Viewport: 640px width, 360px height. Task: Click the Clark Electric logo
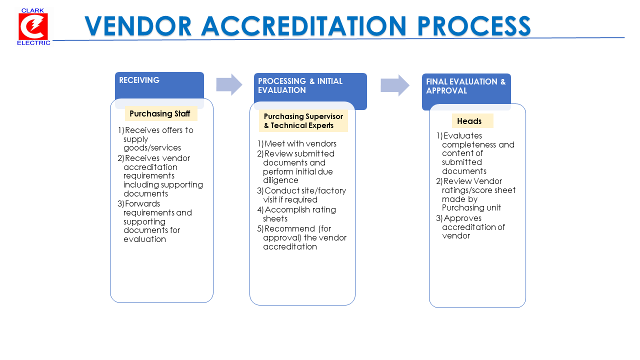33,27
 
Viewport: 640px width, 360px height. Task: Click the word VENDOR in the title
138,26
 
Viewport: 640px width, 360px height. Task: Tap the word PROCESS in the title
473,26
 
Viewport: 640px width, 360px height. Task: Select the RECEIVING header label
139,80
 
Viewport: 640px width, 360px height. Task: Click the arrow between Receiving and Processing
229,84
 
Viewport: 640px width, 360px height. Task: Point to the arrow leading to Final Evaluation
395,85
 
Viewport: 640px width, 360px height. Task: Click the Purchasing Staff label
159,113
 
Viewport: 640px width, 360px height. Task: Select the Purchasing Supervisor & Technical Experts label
303,121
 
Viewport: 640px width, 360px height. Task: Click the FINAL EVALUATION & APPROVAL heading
465,86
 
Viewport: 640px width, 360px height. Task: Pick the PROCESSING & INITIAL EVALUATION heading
300,85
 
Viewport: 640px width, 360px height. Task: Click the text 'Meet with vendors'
300,143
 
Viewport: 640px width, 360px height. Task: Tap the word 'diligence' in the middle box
280,180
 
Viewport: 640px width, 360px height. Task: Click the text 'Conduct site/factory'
305,190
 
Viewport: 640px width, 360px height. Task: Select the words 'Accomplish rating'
300,209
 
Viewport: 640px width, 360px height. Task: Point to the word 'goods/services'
152,147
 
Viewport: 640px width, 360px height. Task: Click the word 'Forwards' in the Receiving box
142,203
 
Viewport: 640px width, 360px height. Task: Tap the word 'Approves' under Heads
462,218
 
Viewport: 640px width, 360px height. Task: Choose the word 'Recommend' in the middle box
289,228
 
